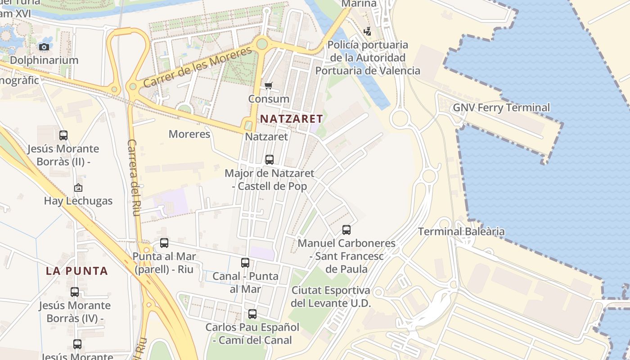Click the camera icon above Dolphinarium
[44, 47]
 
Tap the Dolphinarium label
[44, 60]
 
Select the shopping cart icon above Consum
[269, 85]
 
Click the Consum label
[269, 99]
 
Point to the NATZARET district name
[292, 119]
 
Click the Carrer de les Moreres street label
[198, 67]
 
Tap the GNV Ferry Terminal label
[501, 108]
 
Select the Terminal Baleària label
[461, 232]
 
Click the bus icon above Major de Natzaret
[269, 159]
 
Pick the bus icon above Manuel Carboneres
[346, 229]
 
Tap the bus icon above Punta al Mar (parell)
[164, 243]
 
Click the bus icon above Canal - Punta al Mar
[245, 262]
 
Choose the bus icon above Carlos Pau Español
[252, 314]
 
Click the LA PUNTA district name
[77, 271]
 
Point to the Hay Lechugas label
[78, 201]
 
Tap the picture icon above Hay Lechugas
[78, 188]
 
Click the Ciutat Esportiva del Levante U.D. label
[331, 297]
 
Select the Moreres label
[189, 134]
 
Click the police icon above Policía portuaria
[368, 31]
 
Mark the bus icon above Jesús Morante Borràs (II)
[63, 135]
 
